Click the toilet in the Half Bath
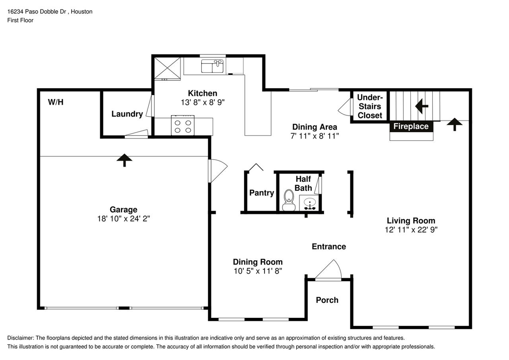[x=288, y=200]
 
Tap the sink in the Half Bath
[x=309, y=204]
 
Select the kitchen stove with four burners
[x=183, y=126]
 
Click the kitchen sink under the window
[x=212, y=66]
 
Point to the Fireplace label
[x=411, y=126]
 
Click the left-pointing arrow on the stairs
[x=422, y=106]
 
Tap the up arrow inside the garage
[x=124, y=160]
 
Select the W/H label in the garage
[x=56, y=102]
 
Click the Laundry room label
[x=127, y=114]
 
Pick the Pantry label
[x=261, y=193]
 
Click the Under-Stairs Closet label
[x=370, y=107]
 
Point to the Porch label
[x=327, y=300]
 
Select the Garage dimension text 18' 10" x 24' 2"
[x=124, y=218]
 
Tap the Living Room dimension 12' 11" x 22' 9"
[x=411, y=230]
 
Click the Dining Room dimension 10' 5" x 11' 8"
[x=258, y=271]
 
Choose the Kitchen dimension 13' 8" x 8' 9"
[x=202, y=102]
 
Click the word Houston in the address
[x=82, y=12]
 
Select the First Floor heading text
[x=20, y=20]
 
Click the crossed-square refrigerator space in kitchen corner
[x=167, y=68]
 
